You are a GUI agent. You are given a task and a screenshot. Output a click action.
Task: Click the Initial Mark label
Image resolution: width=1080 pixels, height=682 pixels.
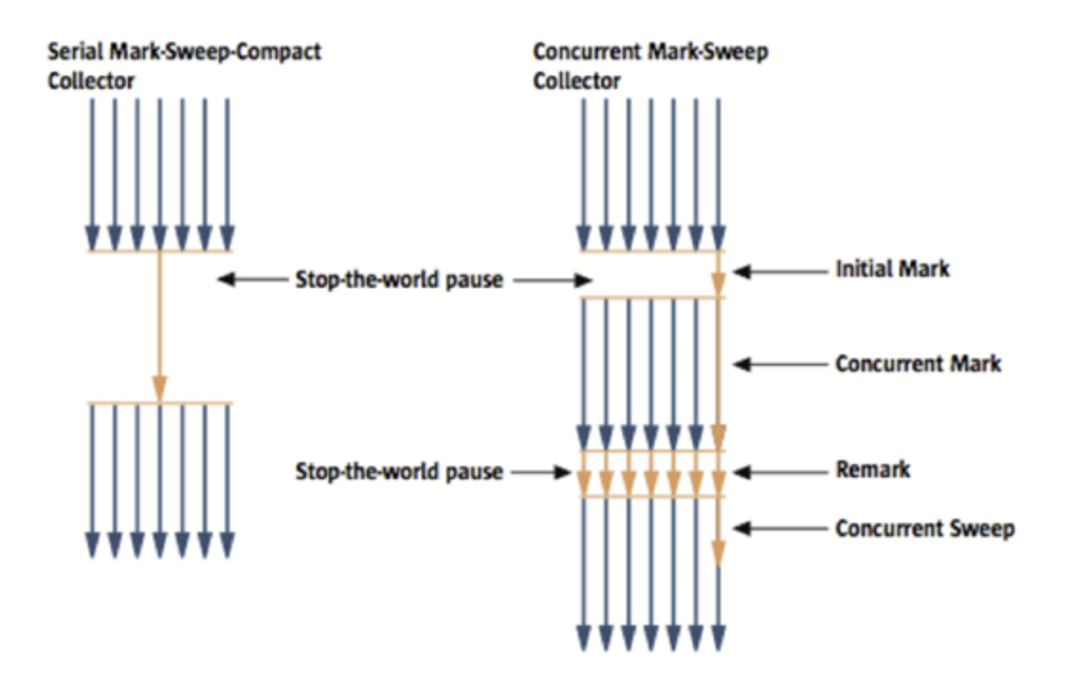point(891,270)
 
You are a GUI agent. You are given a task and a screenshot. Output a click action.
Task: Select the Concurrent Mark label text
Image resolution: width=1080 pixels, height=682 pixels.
point(917,364)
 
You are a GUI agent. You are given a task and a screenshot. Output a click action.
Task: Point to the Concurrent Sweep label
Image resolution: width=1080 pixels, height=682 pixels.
point(924,529)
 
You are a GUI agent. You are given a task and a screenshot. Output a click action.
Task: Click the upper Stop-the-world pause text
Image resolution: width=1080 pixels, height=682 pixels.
point(399,279)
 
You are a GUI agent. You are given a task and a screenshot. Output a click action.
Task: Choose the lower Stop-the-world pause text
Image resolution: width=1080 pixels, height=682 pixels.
point(399,471)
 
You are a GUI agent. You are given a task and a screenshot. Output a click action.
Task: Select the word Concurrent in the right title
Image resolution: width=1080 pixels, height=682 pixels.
point(585,51)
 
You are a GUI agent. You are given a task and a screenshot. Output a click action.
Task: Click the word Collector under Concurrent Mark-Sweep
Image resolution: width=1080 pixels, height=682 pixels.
point(577,81)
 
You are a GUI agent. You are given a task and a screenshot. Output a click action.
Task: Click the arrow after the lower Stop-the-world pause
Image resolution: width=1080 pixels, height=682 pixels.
point(539,471)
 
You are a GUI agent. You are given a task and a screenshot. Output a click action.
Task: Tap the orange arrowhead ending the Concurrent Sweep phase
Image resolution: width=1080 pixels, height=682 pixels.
point(719,553)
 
